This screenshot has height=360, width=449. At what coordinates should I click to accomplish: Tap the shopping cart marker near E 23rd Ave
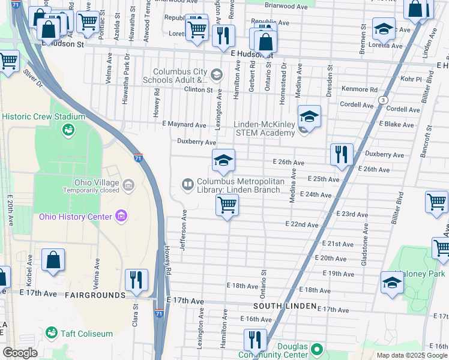coord(228,205)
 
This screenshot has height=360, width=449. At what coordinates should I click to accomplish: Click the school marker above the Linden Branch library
coord(223,160)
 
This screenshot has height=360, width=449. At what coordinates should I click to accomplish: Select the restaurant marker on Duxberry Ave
coord(342,154)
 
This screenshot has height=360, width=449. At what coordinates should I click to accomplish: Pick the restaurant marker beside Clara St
coord(136,280)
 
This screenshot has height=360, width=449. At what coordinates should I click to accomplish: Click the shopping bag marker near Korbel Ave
coord(53,260)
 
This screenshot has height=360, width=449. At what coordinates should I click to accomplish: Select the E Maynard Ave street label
coord(184,124)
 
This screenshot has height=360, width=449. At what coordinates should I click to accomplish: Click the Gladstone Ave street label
coord(364,238)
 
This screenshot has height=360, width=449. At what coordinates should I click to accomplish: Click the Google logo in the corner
coord(19,353)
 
